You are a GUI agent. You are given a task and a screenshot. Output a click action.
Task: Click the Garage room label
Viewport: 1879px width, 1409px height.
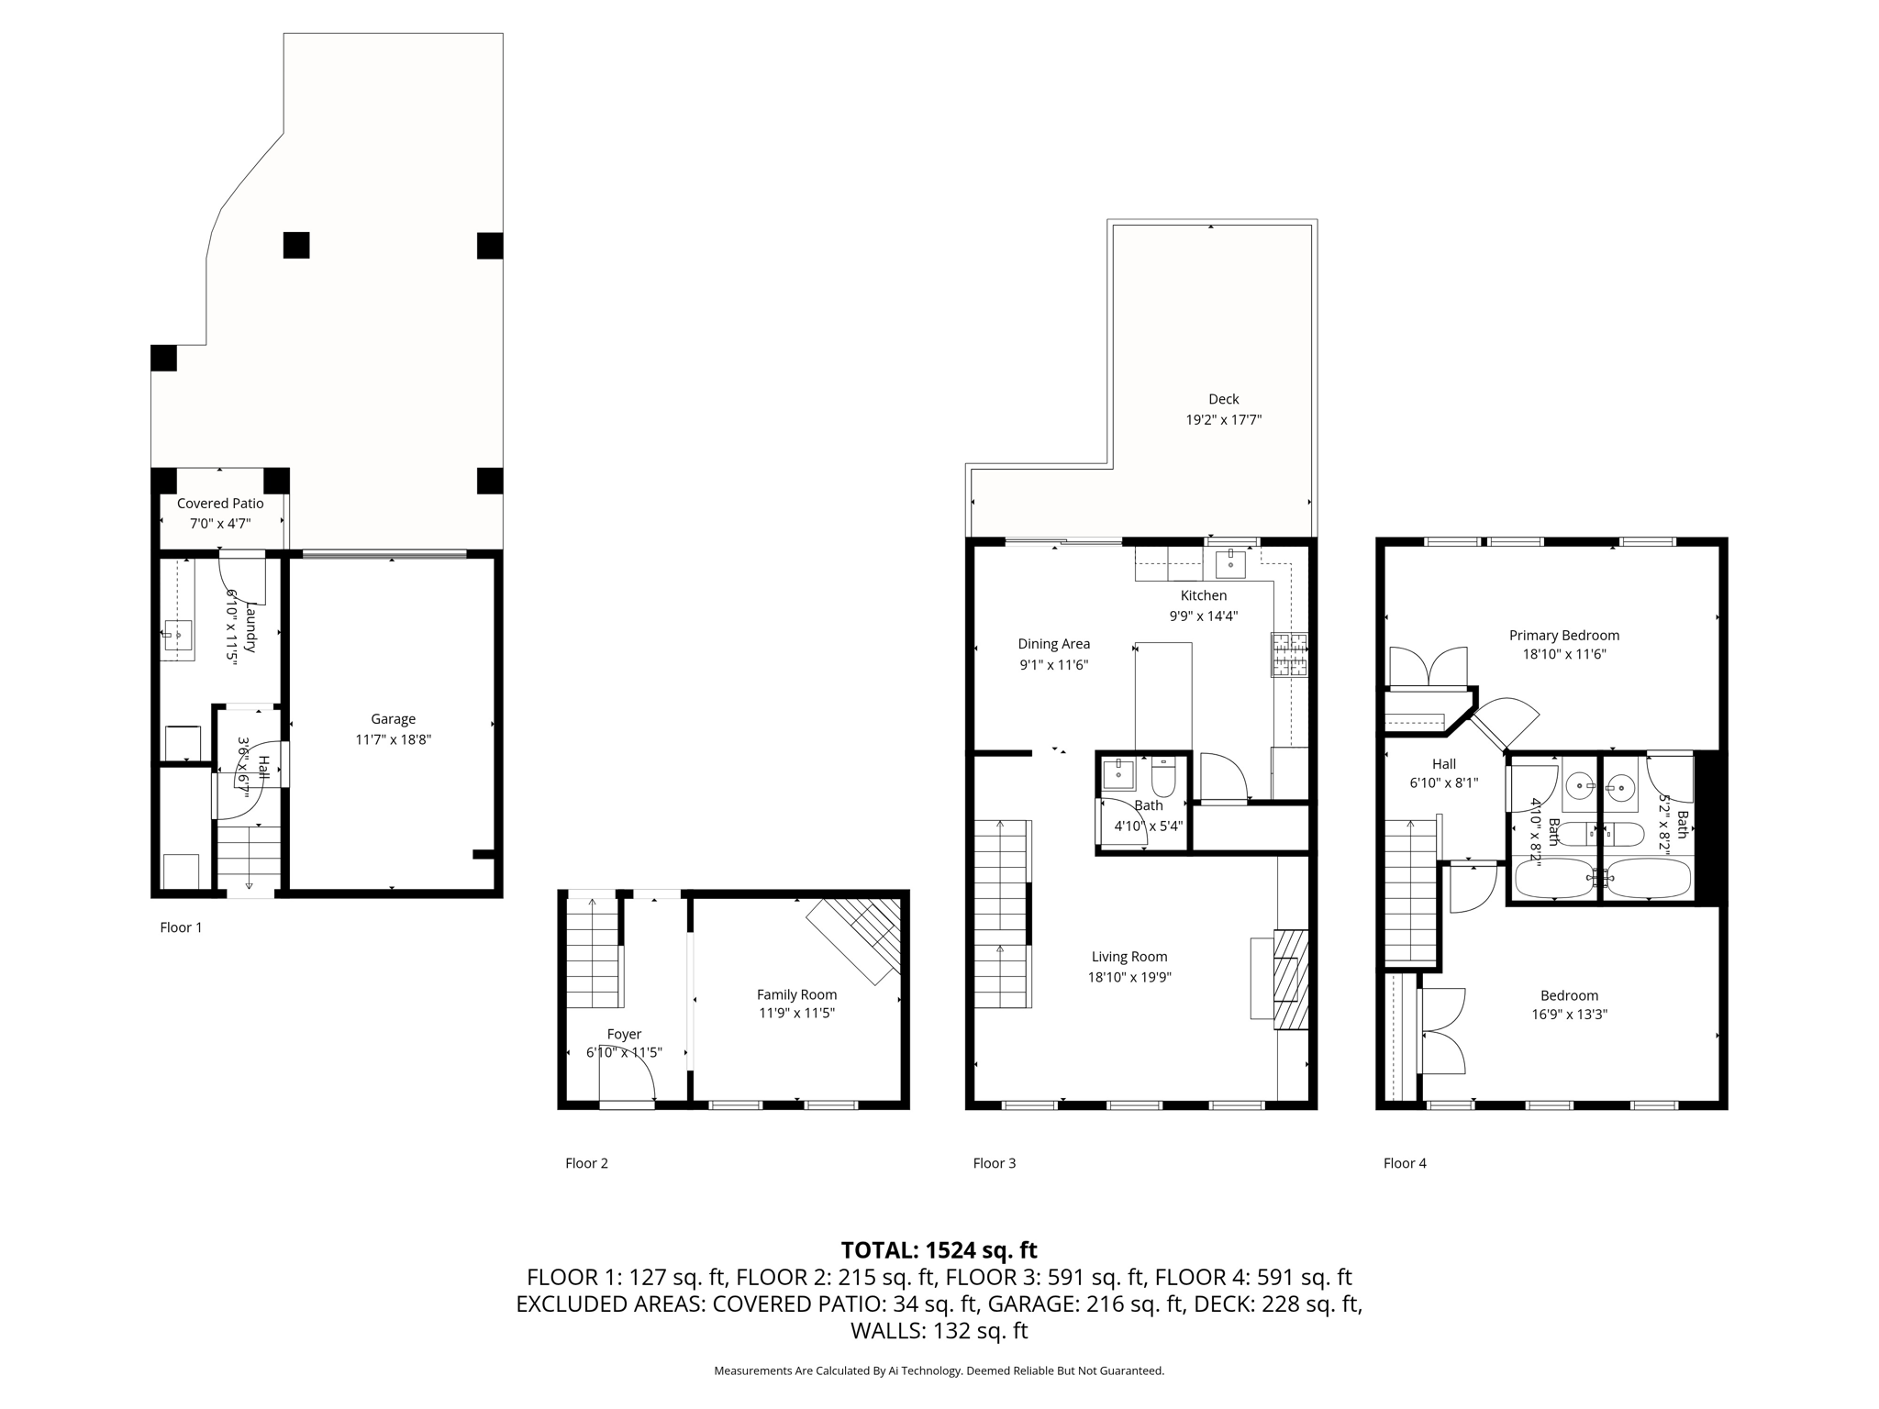click(393, 719)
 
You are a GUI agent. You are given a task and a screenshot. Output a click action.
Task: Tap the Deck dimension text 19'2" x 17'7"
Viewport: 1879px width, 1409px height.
click(1223, 420)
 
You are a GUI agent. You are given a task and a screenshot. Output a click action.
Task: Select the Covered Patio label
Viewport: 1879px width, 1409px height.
click(220, 504)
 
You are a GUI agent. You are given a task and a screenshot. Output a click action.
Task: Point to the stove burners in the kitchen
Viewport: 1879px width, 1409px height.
click(1289, 654)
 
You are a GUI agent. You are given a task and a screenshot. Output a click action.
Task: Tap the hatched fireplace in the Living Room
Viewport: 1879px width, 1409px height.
click(1290, 980)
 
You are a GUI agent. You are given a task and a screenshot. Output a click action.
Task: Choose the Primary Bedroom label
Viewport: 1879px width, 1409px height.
click(1563, 635)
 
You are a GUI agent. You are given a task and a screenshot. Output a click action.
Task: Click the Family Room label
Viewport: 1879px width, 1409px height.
click(796, 994)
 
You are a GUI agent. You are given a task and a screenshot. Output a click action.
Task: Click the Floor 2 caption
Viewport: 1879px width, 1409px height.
click(586, 1163)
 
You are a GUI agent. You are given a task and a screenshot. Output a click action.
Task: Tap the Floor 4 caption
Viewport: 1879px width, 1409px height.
click(1405, 1163)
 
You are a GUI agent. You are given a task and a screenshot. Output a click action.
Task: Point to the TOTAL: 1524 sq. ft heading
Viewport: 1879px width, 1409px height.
click(939, 1249)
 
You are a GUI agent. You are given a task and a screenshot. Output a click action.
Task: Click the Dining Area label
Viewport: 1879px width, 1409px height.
click(1053, 644)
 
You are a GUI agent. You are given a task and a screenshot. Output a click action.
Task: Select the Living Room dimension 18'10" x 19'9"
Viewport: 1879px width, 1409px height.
click(1129, 977)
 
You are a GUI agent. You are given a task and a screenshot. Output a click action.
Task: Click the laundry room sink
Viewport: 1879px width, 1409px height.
click(178, 634)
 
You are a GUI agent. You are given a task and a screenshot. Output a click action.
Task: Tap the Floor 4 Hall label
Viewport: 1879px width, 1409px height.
click(1443, 764)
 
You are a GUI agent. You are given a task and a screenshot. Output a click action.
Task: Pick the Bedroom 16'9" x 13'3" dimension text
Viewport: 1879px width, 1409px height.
click(1569, 1015)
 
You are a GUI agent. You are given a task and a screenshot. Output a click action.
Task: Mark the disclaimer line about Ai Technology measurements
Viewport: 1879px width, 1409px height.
click(939, 1370)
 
